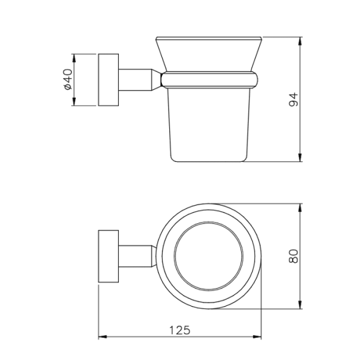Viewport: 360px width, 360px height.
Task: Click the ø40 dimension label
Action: coord(67,80)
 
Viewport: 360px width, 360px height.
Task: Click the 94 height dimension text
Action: coord(293,100)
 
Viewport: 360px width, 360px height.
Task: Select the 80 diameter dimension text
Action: coord(293,256)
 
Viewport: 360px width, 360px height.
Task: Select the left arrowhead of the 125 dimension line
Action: coord(101,337)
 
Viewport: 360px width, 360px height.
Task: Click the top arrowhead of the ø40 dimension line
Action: coord(74,57)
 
